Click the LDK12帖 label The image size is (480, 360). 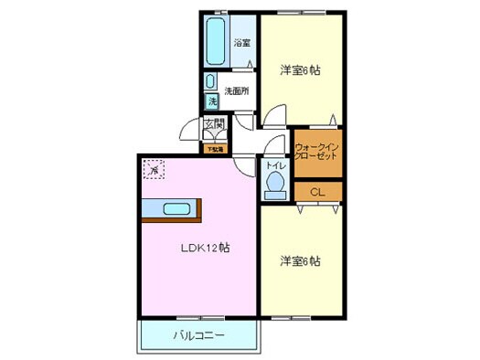coord(203,248)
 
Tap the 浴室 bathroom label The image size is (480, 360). coord(241,43)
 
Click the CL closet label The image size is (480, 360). coord(316,192)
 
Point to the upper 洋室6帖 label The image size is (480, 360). coord(299,69)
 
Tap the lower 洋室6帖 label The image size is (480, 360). coord(299,261)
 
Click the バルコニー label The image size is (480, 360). coord(198,336)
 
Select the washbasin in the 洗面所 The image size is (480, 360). coord(210,80)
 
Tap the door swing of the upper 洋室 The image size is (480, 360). coord(272,115)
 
